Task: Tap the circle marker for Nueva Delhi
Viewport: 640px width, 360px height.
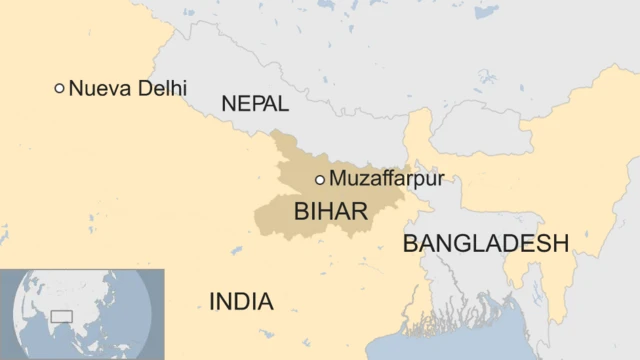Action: click(59, 88)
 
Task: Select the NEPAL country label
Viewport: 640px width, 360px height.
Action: click(255, 103)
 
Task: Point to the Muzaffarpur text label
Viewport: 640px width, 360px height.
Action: click(386, 180)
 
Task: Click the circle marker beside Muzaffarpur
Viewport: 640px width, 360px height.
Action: click(320, 180)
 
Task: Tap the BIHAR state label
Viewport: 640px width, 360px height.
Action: click(330, 211)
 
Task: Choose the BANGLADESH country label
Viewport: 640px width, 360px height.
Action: click(485, 243)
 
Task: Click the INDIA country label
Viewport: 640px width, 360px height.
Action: click(241, 301)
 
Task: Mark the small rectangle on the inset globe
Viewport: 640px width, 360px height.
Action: click(62, 317)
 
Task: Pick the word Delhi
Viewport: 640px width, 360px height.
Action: click(162, 88)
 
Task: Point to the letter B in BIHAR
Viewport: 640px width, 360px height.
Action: click(301, 211)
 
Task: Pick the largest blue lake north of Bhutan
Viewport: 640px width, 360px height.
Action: click(487, 76)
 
